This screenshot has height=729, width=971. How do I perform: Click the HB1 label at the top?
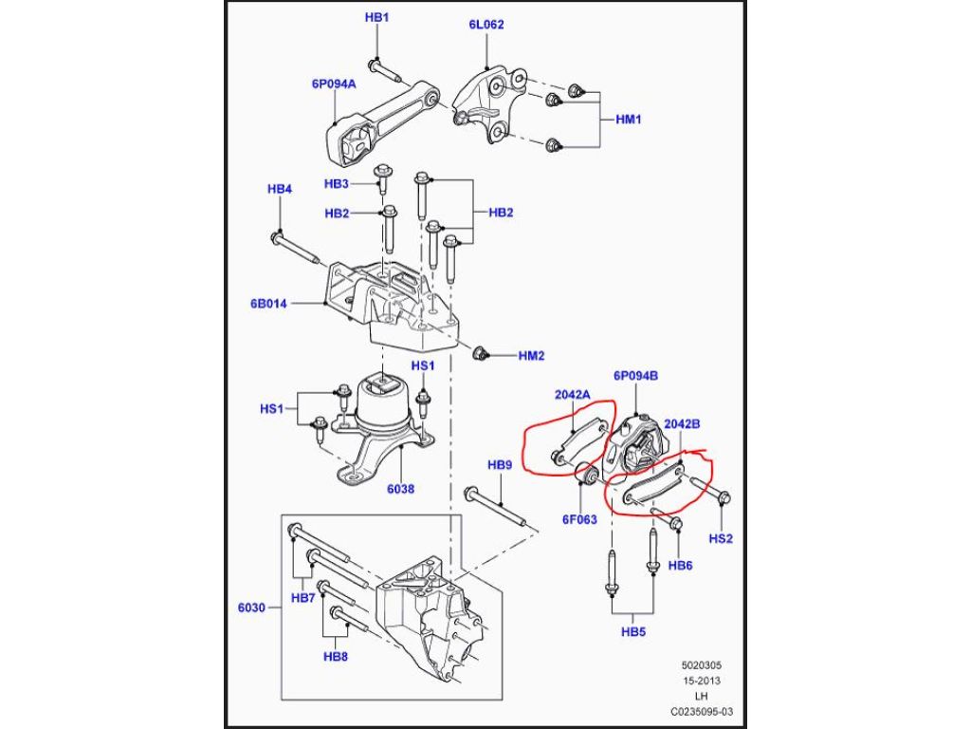tap(377, 18)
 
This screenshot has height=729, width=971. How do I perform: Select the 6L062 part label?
tap(485, 26)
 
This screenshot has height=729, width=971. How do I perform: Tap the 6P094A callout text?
tap(334, 84)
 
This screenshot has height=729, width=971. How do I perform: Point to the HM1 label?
tap(630, 120)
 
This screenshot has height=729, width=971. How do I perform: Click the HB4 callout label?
tap(279, 189)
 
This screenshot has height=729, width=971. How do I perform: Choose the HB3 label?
tap(337, 183)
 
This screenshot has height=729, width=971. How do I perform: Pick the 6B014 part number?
tap(269, 304)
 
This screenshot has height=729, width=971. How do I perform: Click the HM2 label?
tap(531, 356)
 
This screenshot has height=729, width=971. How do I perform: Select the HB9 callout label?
tap(500, 465)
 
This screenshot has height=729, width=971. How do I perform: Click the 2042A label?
tap(573, 395)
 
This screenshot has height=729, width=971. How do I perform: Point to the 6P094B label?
tap(635, 376)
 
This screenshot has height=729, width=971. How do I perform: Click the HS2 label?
tap(723, 538)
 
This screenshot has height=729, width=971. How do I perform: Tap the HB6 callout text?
tap(681, 565)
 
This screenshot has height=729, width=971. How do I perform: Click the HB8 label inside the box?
tap(336, 656)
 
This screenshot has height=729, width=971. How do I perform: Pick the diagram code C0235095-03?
tap(703, 709)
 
